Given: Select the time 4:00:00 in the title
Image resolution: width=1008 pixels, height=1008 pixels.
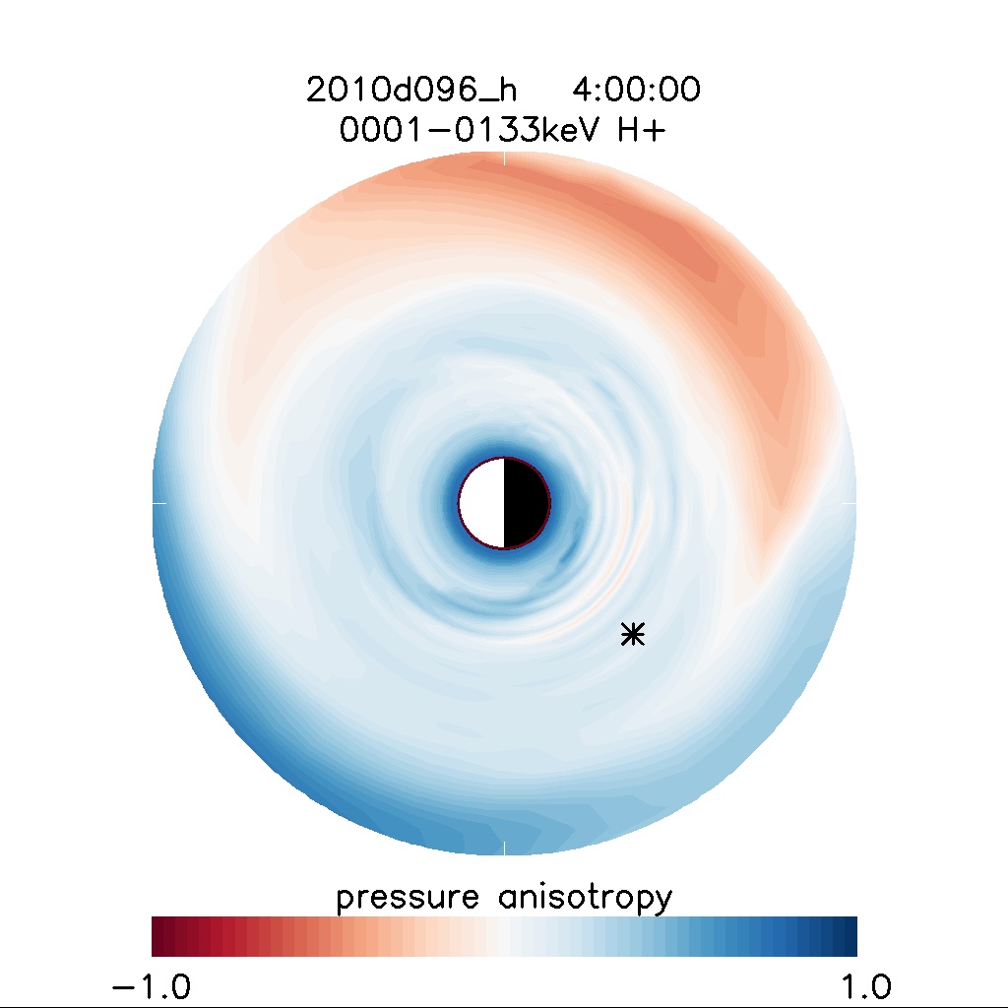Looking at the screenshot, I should tap(636, 91).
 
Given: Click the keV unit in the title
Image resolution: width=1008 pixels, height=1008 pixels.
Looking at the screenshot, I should tap(565, 131).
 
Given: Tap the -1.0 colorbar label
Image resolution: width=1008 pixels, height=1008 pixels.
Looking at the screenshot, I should tap(151, 985).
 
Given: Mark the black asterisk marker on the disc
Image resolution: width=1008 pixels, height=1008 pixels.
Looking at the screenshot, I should tap(633, 635).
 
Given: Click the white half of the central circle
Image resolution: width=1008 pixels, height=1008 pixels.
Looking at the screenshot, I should tap(482, 502).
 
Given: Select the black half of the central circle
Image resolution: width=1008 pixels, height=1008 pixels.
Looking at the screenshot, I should tap(526, 502).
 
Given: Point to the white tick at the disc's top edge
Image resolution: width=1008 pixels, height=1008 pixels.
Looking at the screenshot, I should tap(504, 157).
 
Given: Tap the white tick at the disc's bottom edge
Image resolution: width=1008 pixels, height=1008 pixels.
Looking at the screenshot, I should tap(504, 848).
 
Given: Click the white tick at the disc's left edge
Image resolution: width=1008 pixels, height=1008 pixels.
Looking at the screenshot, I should tap(158, 502).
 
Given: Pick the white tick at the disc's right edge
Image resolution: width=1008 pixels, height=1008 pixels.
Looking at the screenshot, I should tap(850, 502).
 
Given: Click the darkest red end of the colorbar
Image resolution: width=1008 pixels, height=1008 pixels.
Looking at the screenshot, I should tap(158, 936).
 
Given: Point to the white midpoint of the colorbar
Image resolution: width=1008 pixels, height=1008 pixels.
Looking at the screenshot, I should tap(504, 936).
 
